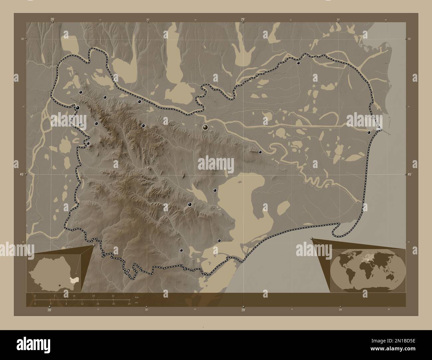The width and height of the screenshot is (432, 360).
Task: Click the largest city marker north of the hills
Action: click(206, 127)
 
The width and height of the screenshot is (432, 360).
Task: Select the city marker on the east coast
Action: click(369, 132)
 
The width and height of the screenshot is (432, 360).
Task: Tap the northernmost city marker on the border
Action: click(298, 62)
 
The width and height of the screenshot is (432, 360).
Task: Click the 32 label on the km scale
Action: click(113, 296)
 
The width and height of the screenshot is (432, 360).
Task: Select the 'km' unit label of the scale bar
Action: click(137, 297)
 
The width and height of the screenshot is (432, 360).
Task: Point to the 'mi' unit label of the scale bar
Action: click(137, 303)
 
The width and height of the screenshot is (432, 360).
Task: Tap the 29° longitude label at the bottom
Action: click(243, 310)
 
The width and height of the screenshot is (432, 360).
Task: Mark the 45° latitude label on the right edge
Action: click(410, 174)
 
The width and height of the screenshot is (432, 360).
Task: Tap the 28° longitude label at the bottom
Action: click(49, 310)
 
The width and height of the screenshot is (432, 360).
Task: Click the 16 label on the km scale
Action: click(74, 296)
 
